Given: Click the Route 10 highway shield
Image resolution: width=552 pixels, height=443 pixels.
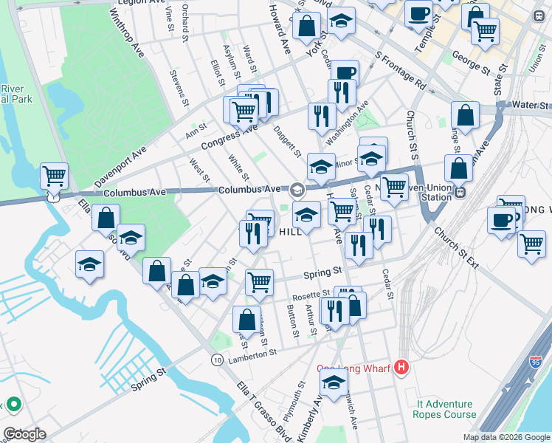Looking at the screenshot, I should pos(216,360).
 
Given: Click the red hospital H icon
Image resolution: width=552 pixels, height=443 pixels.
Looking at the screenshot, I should pos(401,367).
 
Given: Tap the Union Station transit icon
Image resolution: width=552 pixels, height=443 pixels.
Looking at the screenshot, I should pos(460,192).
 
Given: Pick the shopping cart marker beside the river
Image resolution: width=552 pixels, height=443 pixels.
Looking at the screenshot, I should pos(54,177).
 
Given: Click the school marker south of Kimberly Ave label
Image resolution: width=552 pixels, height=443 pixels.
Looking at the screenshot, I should pos(334,382).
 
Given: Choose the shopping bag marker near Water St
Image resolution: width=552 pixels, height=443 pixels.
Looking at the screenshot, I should pos(465,115).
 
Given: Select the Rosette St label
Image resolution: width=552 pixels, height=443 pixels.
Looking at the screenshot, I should pos(310,297).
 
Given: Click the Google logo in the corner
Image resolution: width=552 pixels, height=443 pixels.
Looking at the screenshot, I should pos(24,434).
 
